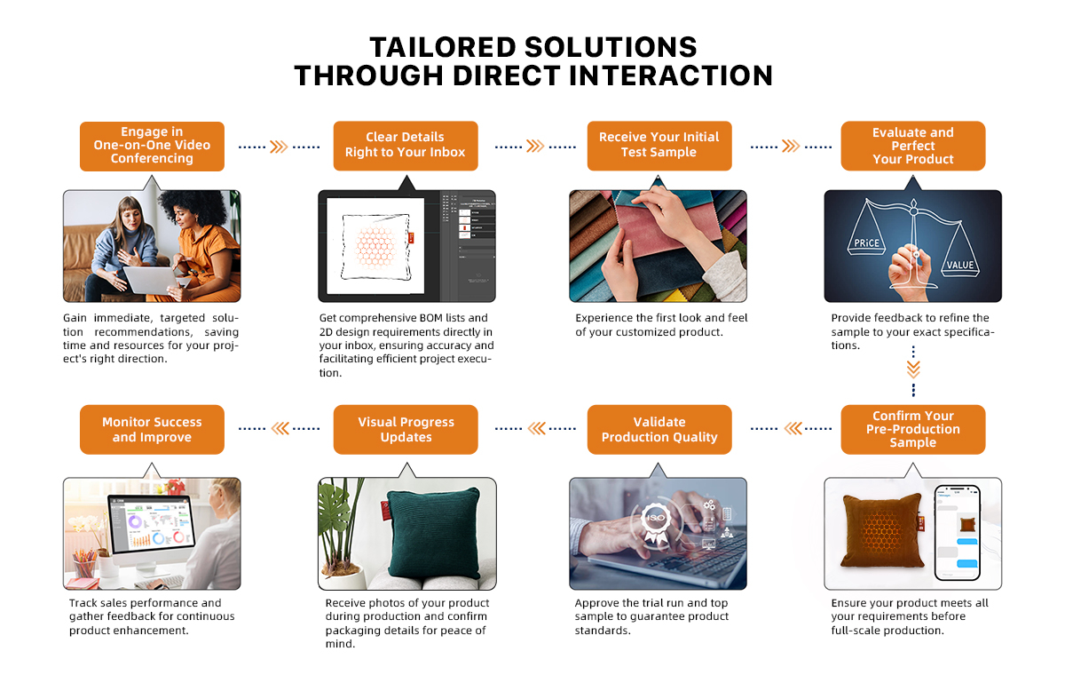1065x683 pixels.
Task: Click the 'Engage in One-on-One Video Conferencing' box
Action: (152, 146)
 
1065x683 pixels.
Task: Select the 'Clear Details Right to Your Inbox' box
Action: (406, 145)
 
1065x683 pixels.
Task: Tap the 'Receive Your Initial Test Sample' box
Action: (659, 145)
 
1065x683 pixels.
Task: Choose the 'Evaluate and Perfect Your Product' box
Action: (913, 145)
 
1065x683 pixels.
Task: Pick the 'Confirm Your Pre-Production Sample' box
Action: (913, 429)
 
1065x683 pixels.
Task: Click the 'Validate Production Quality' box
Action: (659, 429)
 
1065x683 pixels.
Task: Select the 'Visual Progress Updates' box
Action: (406, 429)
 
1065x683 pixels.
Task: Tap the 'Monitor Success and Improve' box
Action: (152, 429)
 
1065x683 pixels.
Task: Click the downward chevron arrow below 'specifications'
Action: (913, 369)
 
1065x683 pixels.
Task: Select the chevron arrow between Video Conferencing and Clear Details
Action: (279, 147)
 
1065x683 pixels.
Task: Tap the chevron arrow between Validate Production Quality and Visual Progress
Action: (536, 428)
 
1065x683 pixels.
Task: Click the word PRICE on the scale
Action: (866, 242)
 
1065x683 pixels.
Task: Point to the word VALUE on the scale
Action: (960, 265)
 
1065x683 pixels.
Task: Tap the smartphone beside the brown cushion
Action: (958, 533)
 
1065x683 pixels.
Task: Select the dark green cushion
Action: (434, 532)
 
